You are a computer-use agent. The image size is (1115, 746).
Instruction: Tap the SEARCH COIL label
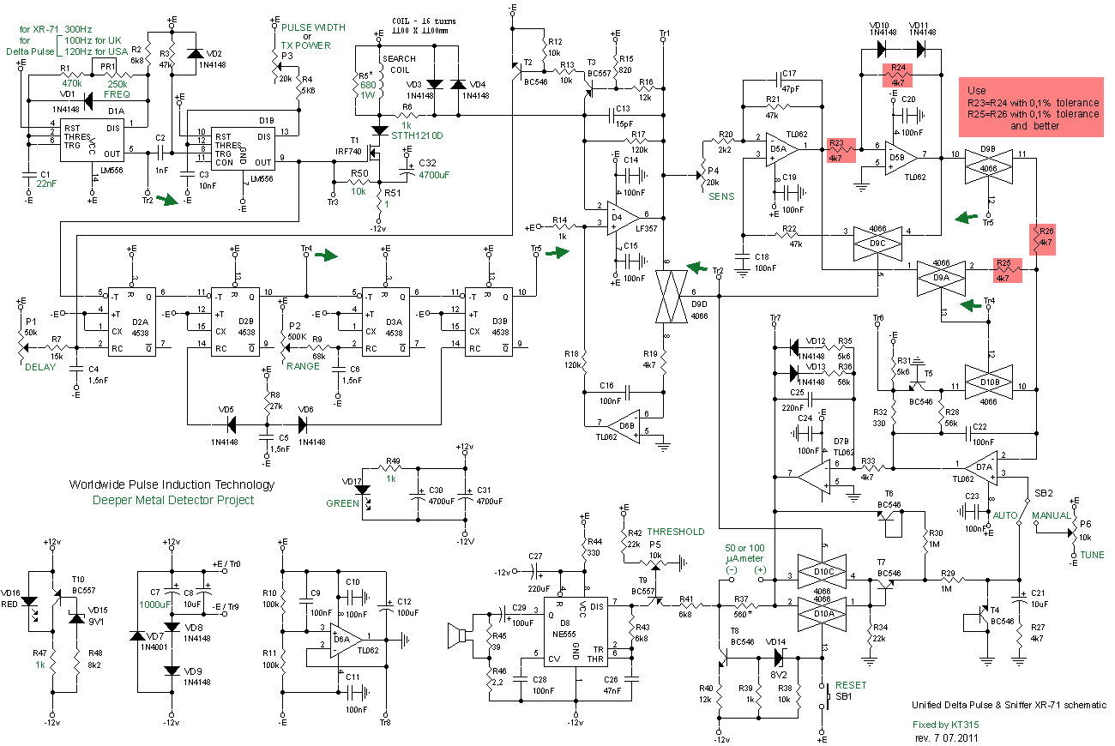[399, 64]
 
